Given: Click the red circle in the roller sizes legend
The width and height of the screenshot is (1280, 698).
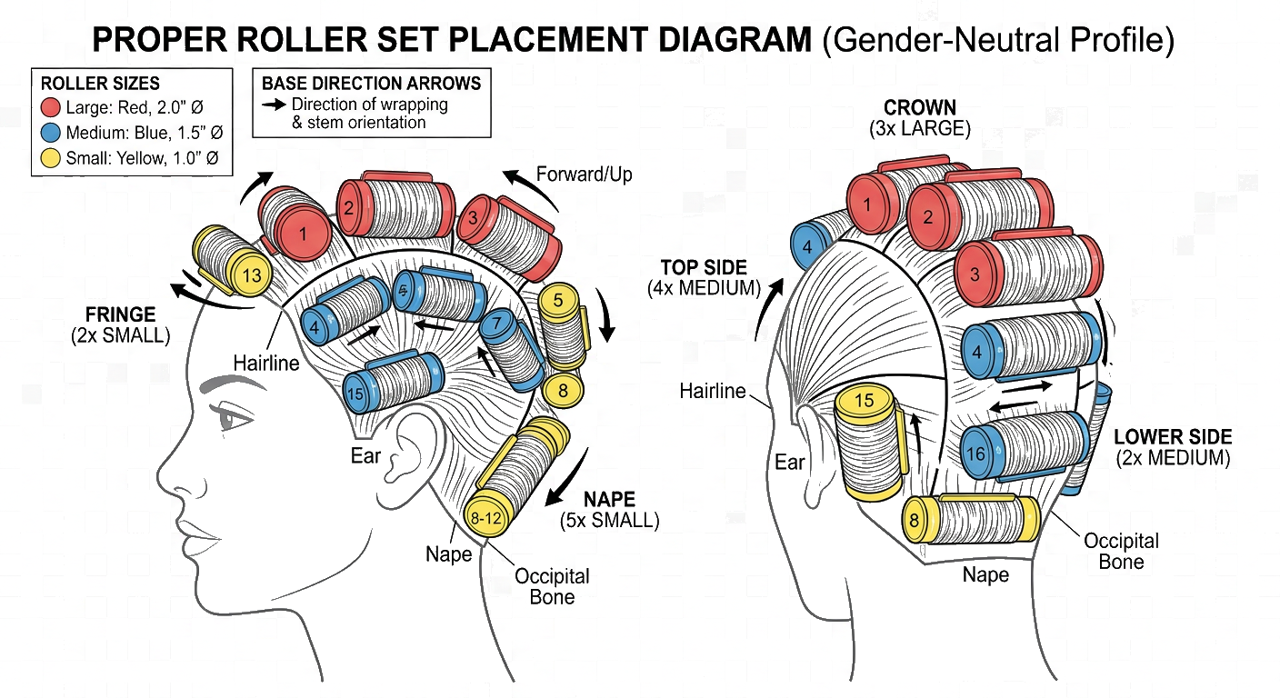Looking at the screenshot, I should (51, 107).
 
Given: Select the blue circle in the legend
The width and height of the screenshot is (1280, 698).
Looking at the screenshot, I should (51, 133).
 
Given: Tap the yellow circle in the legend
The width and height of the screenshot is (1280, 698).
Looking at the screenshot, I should (51, 158).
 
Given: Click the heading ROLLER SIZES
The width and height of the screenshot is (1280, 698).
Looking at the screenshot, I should (100, 84).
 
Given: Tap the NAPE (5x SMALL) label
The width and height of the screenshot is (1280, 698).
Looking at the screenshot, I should (610, 510).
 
